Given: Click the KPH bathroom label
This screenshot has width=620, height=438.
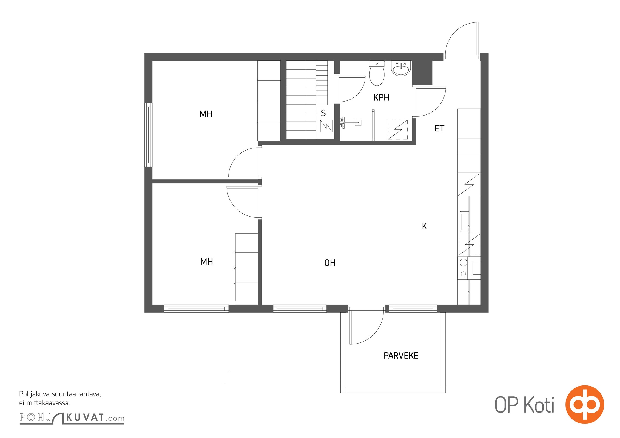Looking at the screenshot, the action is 381,97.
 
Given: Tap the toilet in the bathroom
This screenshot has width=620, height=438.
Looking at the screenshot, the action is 377,73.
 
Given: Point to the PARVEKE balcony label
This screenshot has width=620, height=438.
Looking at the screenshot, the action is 401,356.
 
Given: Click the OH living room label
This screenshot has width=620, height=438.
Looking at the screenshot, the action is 330,263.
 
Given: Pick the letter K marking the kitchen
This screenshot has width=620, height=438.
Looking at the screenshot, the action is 424,226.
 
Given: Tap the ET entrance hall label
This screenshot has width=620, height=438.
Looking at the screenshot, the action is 439,128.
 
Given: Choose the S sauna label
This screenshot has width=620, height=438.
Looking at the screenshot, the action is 323,113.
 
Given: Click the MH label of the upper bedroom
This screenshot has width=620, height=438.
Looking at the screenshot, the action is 206,114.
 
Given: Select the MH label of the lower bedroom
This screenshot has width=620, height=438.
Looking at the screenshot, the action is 206,262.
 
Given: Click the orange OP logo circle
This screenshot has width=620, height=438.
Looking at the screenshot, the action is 585,404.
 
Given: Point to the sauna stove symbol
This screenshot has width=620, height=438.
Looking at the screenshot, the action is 326,126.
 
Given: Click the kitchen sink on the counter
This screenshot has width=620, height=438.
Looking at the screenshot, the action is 464,221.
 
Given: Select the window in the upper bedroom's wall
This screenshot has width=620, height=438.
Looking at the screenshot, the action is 148,135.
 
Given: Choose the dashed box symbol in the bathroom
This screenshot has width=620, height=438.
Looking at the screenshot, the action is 397,129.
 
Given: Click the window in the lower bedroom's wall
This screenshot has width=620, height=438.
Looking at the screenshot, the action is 196,309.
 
